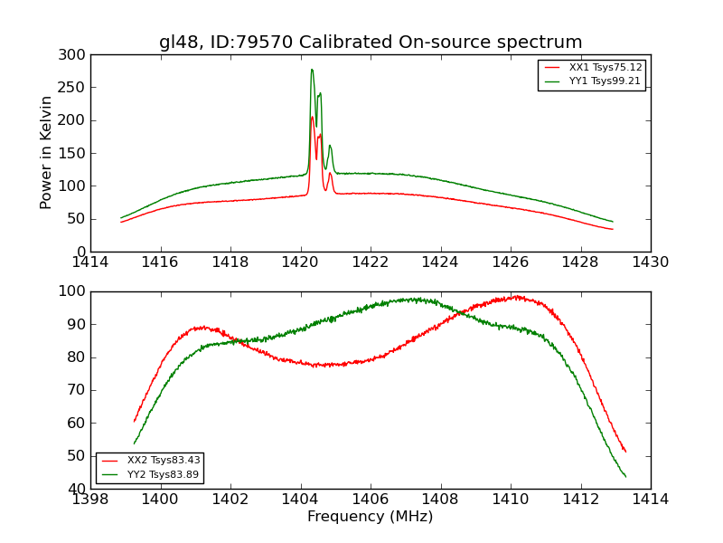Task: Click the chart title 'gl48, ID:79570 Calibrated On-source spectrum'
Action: [x=371, y=43]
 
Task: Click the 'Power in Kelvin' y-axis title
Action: [x=46, y=152]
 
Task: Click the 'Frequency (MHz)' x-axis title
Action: [x=371, y=517]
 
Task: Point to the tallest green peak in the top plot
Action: [x=312, y=70]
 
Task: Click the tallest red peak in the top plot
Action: [x=312, y=117]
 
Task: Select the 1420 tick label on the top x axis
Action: [x=300, y=262]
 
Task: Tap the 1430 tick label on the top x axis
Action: [x=650, y=262]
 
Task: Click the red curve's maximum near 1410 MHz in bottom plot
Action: [x=517, y=296]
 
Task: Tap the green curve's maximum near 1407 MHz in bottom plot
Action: [x=412, y=299]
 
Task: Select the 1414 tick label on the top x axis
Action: [x=90, y=262]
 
